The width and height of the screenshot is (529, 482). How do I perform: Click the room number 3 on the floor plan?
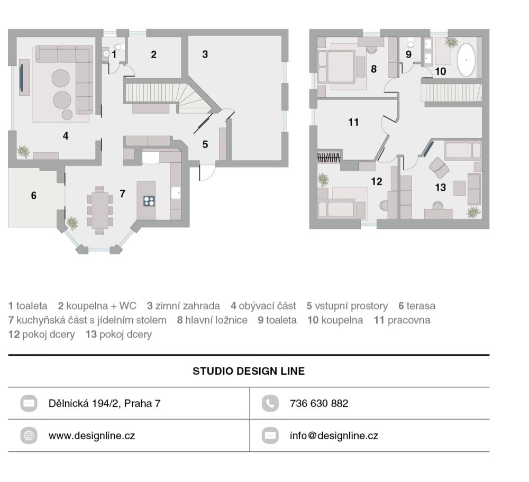coord(205,54)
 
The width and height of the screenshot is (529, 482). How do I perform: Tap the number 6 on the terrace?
coord(33,196)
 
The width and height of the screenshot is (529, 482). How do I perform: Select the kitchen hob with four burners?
coord(149,201)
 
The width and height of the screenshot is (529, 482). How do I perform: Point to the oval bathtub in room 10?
coord(466,60)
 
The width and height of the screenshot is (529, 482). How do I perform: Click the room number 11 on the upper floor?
coord(353,122)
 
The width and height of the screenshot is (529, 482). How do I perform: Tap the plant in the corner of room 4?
coord(24,151)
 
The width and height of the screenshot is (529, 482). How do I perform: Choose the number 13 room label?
coord(440,188)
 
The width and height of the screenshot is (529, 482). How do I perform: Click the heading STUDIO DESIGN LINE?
coord(249,371)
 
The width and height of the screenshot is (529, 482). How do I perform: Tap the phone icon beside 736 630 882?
coord(270,403)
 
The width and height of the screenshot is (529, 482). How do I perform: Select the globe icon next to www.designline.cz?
coord(29,435)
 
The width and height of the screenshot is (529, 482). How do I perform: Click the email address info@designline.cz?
coord(334,436)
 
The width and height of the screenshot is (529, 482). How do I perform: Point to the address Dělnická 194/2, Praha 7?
coord(105,403)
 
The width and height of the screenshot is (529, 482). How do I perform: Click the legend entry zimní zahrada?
coord(187,306)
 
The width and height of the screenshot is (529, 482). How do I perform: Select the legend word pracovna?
coord(409,320)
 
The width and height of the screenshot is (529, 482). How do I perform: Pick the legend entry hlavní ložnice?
coord(216,320)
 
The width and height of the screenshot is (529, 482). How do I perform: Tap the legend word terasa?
coord(421,306)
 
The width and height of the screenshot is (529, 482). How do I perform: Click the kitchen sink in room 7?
coord(176,193)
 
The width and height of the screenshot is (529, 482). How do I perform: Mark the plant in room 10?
coord(451,42)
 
